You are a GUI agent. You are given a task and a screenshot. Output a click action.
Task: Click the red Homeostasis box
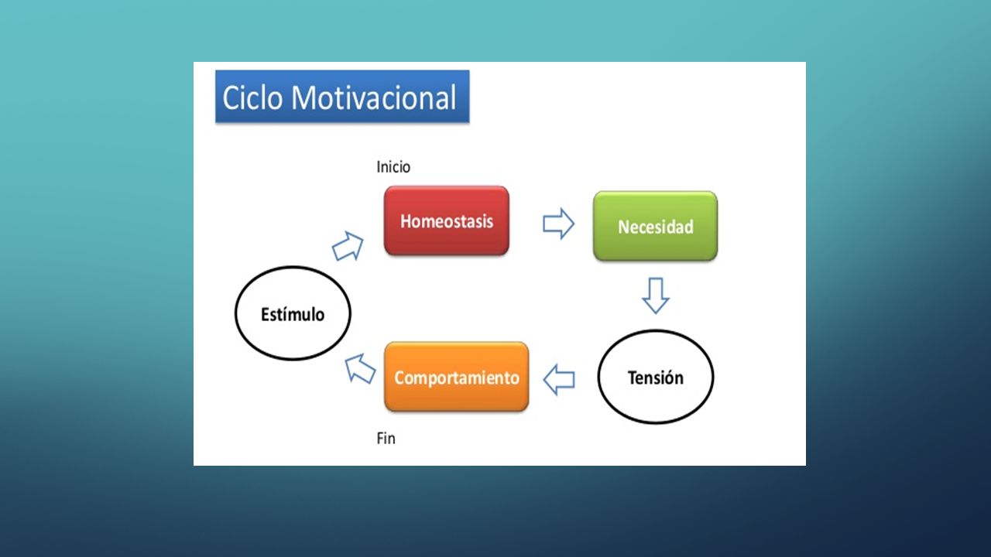tap(447, 220)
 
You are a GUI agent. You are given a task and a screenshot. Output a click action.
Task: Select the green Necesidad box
tap(655, 226)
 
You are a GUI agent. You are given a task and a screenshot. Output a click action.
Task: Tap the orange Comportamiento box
tap(457, 377)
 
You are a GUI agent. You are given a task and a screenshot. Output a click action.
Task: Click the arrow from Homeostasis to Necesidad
tap(559, 224)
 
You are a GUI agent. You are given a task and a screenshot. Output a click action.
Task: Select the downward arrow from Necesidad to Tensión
tap(656, 296)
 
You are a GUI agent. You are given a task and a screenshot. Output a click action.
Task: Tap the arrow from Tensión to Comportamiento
tap(559, 379)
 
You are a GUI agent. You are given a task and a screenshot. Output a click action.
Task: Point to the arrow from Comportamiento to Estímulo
tap(360, 369)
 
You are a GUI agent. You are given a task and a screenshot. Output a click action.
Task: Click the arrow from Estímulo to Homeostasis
tap(348, 246)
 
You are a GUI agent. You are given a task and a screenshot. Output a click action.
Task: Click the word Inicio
tap(393, 167)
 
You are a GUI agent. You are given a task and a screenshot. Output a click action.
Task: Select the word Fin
tap(386, 439)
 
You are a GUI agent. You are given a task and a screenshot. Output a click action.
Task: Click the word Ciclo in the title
tap(252, 97)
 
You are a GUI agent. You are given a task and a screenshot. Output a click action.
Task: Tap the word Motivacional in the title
tap(374, 97)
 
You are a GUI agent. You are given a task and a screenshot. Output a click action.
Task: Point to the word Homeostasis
tap(447, 221)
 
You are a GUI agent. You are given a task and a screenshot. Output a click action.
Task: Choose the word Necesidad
tap(655, 227)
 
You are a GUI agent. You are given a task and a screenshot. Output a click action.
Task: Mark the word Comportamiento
tap(457, 378)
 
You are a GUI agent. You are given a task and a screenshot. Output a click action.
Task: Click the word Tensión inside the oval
tap(656, 378)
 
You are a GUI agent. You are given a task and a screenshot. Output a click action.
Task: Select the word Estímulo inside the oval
tap(293, 314)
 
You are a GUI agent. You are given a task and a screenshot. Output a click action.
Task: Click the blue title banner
tap(342, 96)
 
